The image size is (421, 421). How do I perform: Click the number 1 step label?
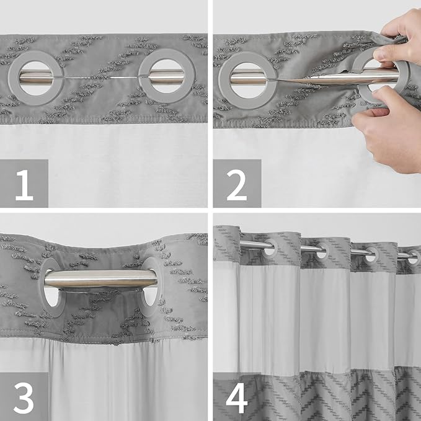[x=24, y=183]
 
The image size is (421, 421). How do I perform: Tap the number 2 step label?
[x=237, y=183]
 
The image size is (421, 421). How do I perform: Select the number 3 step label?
[x=24, y=397]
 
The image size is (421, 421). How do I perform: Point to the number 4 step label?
[x=237, y=397]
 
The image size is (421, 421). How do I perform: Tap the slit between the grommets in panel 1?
[x=99, y=78]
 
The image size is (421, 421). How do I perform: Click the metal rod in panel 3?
[x=99, y=279]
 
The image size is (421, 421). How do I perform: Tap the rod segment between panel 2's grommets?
[x=310, y=77]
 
